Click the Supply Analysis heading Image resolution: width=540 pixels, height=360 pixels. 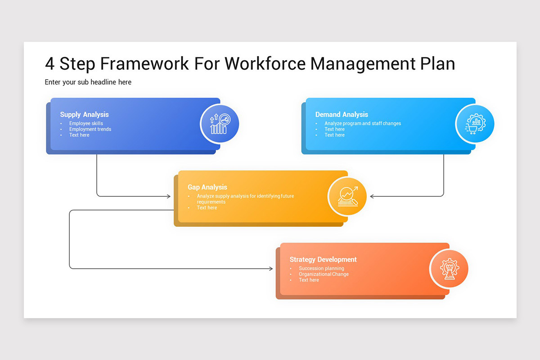[x=84, y=115]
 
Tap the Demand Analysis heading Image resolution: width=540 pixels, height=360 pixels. [x=342, y=115]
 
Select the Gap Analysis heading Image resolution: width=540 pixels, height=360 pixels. [x=207, y=187]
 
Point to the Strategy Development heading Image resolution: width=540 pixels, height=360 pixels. [x=323, y=260]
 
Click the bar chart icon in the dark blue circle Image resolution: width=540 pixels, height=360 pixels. [x=220, y=124]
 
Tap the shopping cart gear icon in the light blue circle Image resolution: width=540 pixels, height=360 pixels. [x=475, y=124]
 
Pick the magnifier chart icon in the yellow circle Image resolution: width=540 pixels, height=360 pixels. [x=347, y=196]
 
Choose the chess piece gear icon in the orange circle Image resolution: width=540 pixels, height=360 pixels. [x=449, y=269]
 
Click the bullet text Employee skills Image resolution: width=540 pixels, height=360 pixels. [x=86, y=123]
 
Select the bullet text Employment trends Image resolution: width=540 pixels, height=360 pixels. [x=90, y=129]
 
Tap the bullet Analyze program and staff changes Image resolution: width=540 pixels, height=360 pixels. [x=363, y=123]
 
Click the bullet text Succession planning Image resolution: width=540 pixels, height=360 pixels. [x=321, y=269]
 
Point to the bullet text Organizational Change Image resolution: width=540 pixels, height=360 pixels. [x=324, y=274]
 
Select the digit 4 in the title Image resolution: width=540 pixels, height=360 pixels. [x=49, y=64]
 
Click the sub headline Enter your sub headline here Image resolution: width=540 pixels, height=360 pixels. [x=88, y=82]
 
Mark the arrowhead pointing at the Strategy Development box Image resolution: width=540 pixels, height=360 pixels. [x=271, y=269]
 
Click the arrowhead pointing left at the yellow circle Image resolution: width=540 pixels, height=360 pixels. [x=372, y=196]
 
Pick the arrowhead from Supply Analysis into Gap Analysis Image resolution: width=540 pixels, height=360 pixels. [x=169, y=196]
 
